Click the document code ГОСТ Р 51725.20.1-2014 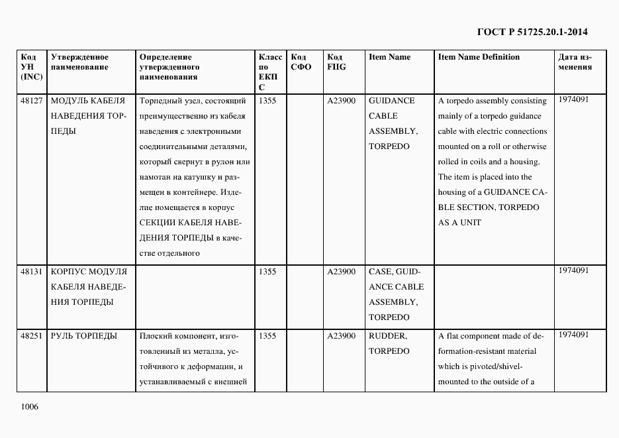[x=532, y=32]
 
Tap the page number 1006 [x=30, y=406]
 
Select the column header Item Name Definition [x=479, y=57]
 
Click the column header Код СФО [x=301, y=62]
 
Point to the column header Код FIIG [x=337, y=62]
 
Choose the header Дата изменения [x=575, y=62]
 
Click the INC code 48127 [x=32, y=101]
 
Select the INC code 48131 [x=32, y=272]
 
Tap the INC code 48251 [x=32, y=336]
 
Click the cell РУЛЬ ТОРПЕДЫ [x=83, y=336]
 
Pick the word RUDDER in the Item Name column [x=388, y=336]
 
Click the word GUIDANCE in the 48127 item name [x=391, y=101]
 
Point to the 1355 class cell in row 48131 [x=267, y=272]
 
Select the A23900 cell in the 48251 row [x=342, y=336]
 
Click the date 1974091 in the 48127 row [x=573, y=99]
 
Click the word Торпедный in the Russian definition [x=160, y=101]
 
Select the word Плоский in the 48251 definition [x=156, y=336]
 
